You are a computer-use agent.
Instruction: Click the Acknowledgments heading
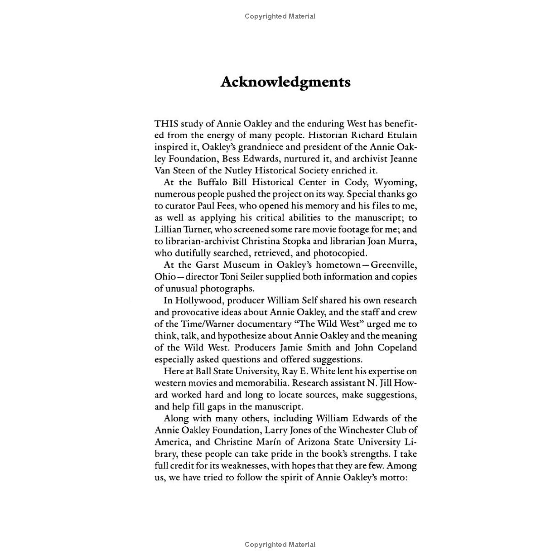[285, 82]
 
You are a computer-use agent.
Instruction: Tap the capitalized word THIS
[166, 124]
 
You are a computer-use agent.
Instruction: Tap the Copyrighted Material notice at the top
[280, 16]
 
